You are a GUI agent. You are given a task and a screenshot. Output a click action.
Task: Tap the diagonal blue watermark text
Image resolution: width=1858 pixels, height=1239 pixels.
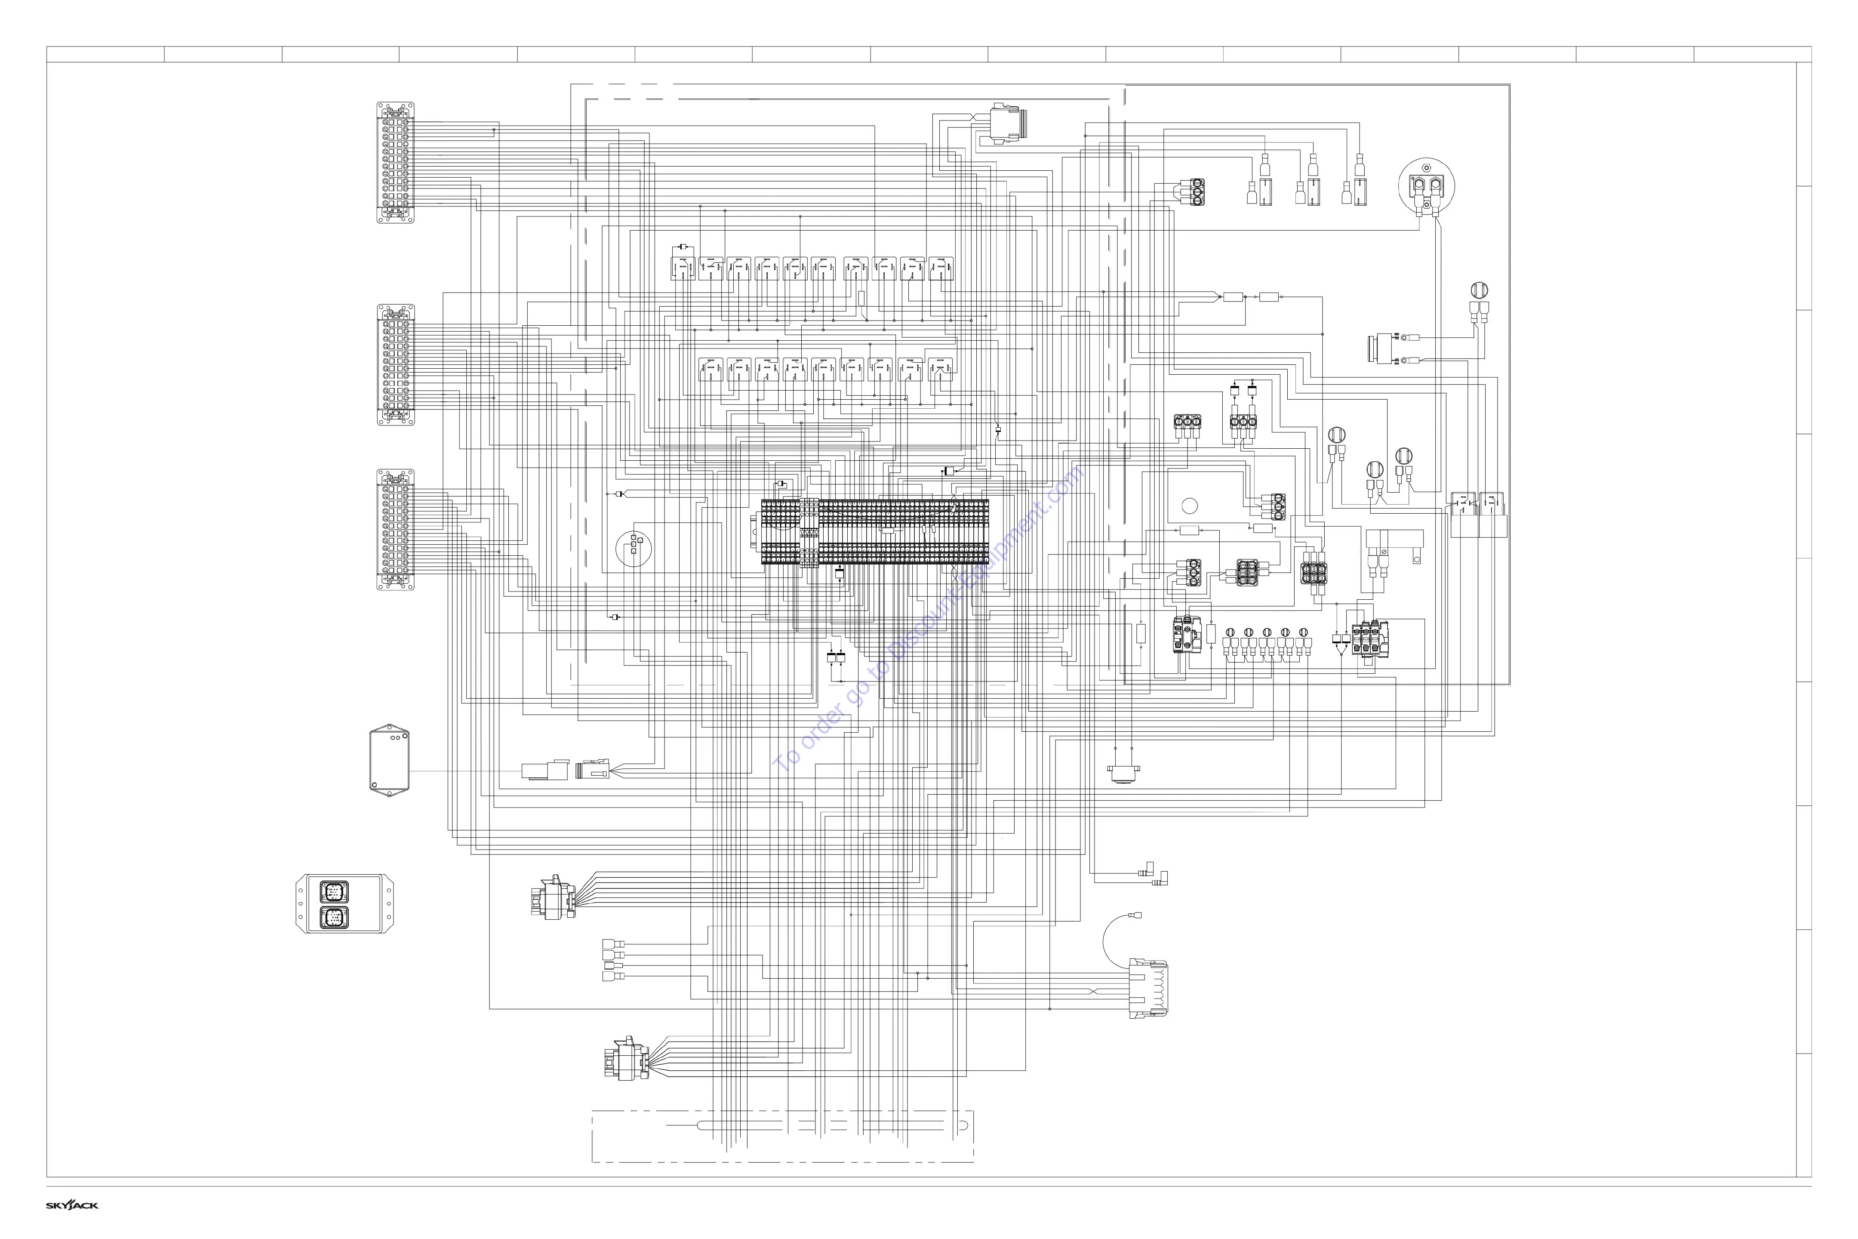point(928,620)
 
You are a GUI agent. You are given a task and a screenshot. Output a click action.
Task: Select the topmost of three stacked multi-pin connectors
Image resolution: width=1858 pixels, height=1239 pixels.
point(395,162)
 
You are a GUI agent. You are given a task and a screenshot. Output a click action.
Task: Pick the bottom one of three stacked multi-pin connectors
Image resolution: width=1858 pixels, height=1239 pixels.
point(395,530)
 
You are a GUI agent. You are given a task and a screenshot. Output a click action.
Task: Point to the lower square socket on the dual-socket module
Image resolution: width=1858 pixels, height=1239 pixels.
point(332,917)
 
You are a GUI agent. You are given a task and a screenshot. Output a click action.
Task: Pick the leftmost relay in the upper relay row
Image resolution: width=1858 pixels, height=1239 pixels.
point(683,268)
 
